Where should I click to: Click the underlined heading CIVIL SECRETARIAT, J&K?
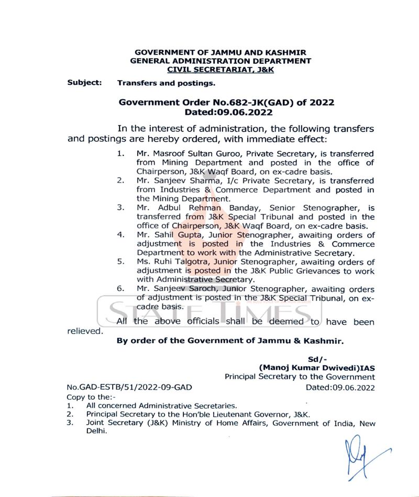tap(220, 69)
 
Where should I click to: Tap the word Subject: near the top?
tap(84, 83)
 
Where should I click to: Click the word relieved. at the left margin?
tap(85, 331)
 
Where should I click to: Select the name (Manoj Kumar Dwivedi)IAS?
tap(317, 368)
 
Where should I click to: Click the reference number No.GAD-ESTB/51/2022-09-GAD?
tap(129, 388)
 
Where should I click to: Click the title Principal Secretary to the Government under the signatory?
tap(300, 377)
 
